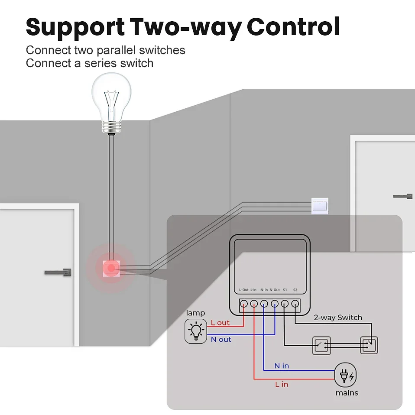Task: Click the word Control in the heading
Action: point(293,27)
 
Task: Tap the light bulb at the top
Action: point(111,102)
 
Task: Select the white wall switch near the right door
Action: point(320,205)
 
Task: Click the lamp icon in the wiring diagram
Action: point(195,331)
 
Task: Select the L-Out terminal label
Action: point(244,290)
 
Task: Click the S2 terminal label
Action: point(295,290)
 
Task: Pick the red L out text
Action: point(220,323)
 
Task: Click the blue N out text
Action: point(221,340)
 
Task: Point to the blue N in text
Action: point(282,366)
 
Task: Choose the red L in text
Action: point(282,384)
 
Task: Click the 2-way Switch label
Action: point(337,318)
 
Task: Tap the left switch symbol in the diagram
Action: point(321,345)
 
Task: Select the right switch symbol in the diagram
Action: point(369,345)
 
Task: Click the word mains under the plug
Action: point(347,393)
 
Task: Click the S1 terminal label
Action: point(285,290)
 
